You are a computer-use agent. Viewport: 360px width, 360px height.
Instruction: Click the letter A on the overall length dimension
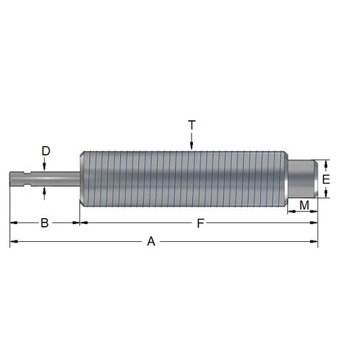point(151,242)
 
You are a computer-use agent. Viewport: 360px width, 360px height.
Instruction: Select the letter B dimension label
point(44,223)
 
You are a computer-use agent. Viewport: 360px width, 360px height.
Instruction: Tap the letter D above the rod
point(45,151)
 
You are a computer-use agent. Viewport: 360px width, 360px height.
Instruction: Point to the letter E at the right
point(326,179)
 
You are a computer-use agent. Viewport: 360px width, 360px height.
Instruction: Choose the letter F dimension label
point(200,223)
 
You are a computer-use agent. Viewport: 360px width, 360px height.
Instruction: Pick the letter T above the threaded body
point(192,125)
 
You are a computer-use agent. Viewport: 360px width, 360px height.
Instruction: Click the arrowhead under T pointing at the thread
point(192,147)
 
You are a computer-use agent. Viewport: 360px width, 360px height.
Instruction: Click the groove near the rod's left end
point(28,177)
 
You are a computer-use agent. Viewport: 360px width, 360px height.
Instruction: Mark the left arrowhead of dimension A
point(12,242)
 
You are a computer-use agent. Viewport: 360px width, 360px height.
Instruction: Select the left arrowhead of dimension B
point(12,223)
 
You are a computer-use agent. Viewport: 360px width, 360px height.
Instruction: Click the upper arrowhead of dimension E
point(326,163)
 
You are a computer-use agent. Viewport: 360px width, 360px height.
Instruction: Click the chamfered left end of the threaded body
point(82,178)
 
